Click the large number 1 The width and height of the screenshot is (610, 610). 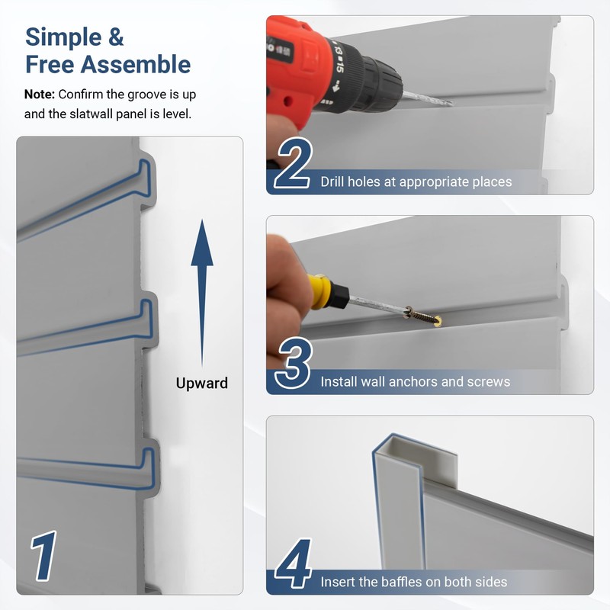coord(45,557)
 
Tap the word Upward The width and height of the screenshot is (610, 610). coord(202,383)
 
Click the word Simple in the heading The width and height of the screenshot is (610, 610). coord(65,37)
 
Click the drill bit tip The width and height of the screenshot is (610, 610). coord(450,103)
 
